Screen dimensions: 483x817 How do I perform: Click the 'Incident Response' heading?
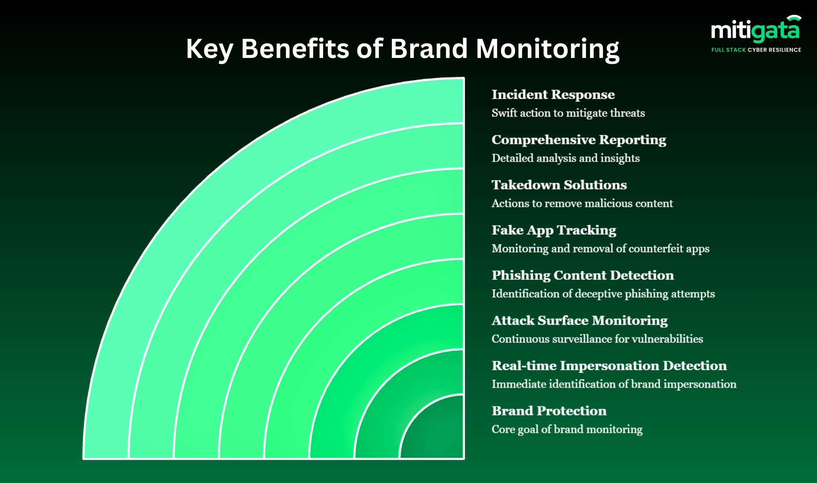pos(553,95)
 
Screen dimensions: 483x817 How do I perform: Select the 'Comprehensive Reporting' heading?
pos(579,140)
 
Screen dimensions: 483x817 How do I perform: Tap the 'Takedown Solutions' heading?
pos(559,185)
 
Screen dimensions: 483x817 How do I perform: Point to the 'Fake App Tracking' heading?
pos(554,230)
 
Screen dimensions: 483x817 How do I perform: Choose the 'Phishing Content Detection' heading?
pos(582,275)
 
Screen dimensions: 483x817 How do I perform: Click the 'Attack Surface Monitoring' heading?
pos(579,321)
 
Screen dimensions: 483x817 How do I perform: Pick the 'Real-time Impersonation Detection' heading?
pos(609,366)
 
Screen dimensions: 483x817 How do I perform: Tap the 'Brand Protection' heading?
pos(549,411)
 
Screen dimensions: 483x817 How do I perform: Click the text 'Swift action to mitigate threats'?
pos(568,113)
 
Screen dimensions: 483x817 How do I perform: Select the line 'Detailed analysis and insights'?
pos(566,158)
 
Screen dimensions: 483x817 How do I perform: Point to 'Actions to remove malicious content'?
pos(582,204)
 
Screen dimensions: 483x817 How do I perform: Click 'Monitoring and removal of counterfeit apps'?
pos(600,249)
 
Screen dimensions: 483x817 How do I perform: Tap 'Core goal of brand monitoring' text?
pos(567,429)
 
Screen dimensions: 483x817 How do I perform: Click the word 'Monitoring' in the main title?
pos(547,49)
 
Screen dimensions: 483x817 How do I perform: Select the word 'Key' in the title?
pos(209,49)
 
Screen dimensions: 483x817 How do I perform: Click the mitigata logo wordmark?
pos(755,30)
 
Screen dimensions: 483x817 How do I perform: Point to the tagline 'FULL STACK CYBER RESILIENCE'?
pos(756,50)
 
